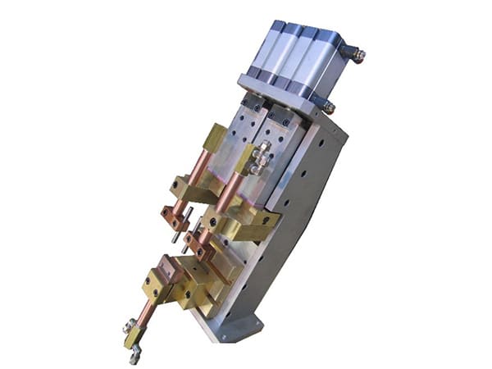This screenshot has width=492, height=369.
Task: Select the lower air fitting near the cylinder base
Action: click(x=327, y=106)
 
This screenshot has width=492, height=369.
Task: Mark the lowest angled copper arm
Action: click(x=146, y=315)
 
